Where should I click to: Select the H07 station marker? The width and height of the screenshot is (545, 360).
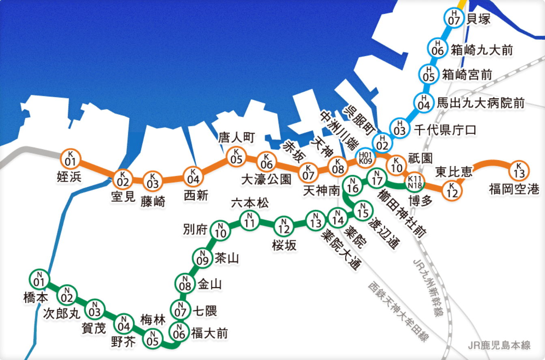pyautogui.click(x=454, y=17)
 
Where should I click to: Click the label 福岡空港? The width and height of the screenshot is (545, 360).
pyautogui.click(x=514, y=189)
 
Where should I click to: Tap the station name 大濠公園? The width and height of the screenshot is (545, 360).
pyautogui.click(x=266, y=179)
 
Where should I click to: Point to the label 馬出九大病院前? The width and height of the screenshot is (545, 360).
pyautogui.click(x=481, y=103)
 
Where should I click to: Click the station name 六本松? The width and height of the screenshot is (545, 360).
pyautogui.click(x=249, y=203)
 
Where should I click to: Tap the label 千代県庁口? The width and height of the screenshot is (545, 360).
pyautogui.click(x=445, y=130)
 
